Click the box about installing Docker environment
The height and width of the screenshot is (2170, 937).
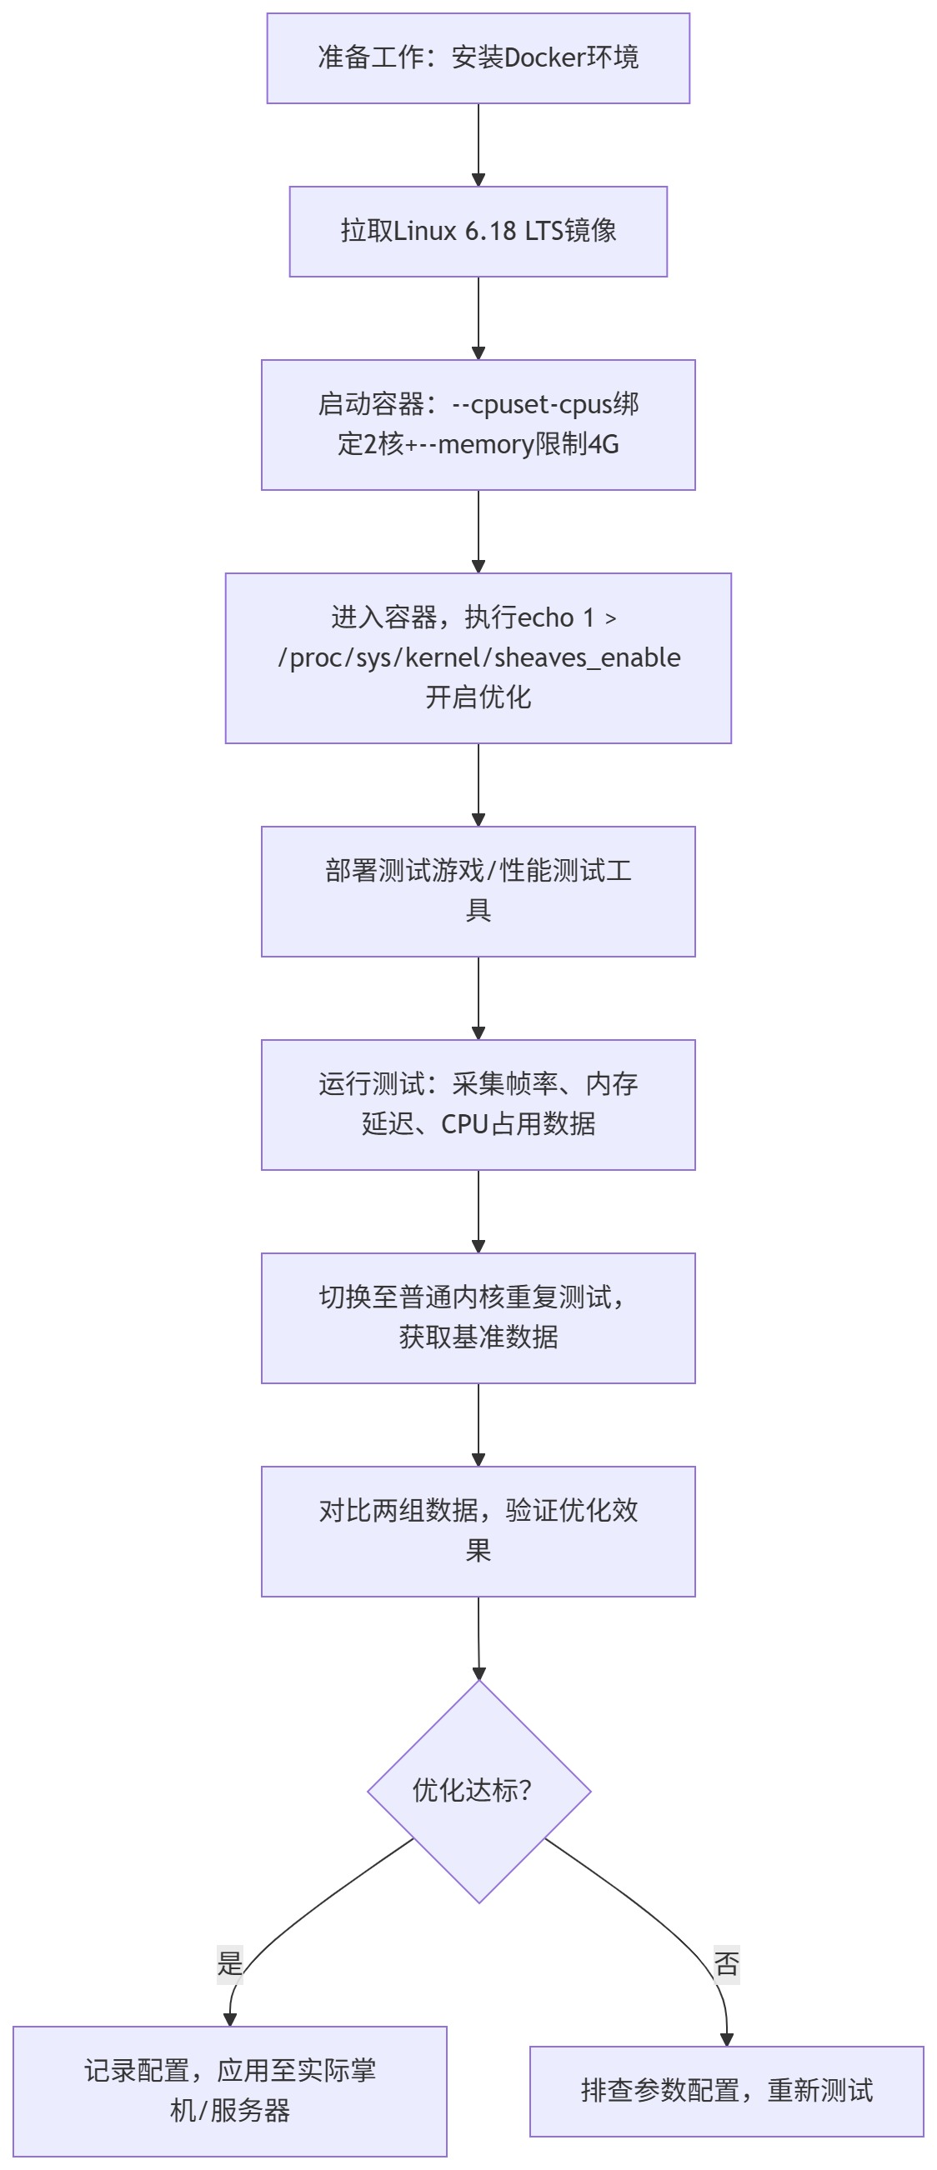[x=478, y=58]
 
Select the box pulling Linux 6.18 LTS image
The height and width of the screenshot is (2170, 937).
[x=478, y=232]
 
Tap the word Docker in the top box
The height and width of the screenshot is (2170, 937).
[x=544, y=58]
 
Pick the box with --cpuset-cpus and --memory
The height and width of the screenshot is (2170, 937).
[x=478, y=424]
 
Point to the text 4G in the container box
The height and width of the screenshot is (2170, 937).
[x=604, y=445]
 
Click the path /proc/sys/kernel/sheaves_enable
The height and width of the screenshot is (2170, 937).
[x=479, y=657]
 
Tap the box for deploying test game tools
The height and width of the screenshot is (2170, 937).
[x=478, y=892]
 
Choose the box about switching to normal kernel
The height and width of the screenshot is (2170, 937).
[x=478, y=1317]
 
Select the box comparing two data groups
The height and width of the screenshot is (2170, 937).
[x=478, y=1531]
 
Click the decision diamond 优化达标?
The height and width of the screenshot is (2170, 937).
[x=479, y=1791]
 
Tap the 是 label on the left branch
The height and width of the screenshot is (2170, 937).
[x=230, y=1962]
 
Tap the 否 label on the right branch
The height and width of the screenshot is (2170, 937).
[x=726, y=1963]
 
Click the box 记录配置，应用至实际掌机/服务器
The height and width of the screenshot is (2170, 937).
[x=230, y=2091]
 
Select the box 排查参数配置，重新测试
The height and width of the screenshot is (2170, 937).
[x=726, y=2091]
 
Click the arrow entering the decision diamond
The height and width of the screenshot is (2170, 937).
[x=479, y=1638]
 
